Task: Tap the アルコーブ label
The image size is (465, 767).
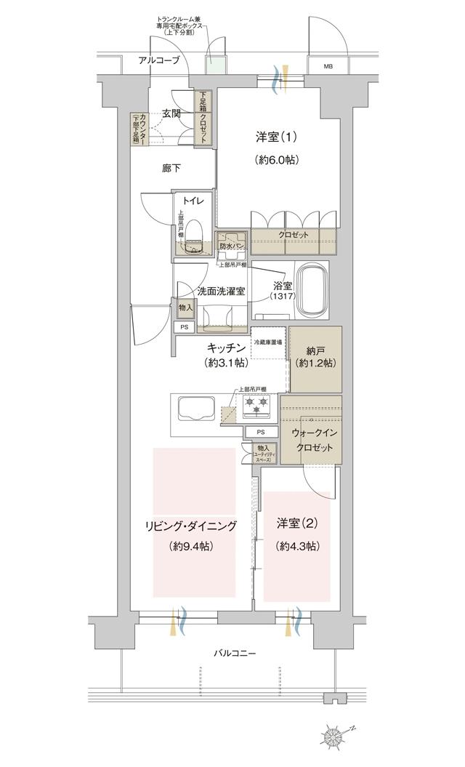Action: (x=159, y=60)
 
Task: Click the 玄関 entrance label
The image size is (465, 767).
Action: (x=171, y=113)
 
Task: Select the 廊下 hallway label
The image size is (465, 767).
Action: (x=171, y=168)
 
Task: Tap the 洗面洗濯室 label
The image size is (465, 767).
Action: (x=220, y=291)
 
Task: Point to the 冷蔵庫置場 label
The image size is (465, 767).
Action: (x=269, y=340)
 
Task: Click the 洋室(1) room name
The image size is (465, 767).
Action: (x=277, y=136)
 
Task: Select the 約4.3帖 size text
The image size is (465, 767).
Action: (x=297, y=546)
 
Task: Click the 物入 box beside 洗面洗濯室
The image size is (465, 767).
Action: (x=185, y=308)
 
